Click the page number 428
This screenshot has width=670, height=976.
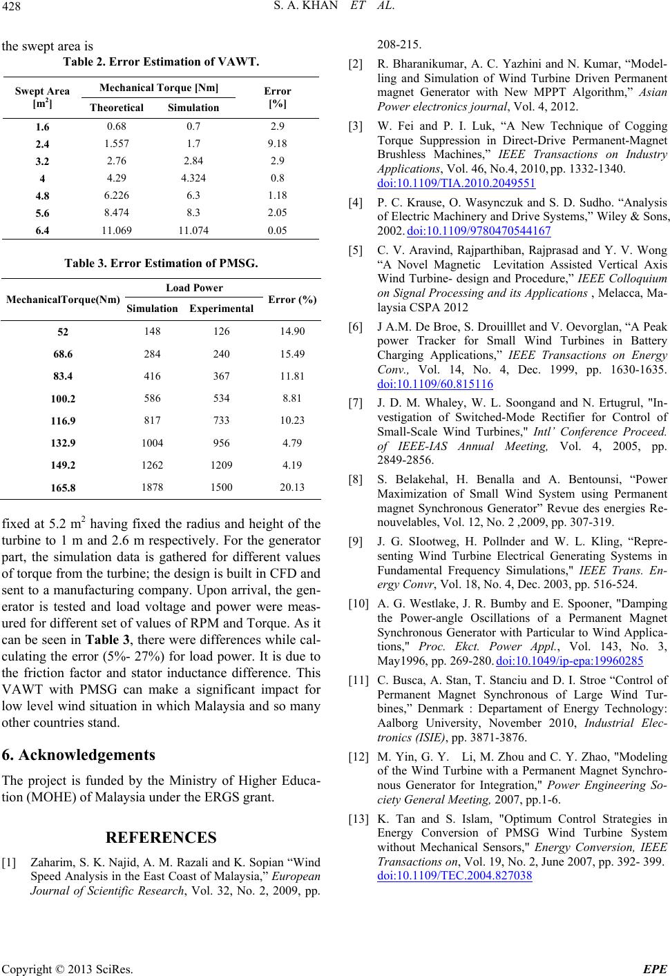tap(12, 8)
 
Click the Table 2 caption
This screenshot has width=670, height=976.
tap(161, 62)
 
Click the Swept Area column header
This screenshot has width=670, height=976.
tap(42, 97)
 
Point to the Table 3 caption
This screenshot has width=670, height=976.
tap(161, 263)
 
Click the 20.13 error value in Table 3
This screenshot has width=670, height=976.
tap(291, 487)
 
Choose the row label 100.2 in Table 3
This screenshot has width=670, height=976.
tap(63, 398)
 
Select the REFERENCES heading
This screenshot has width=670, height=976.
tap(160, 838)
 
